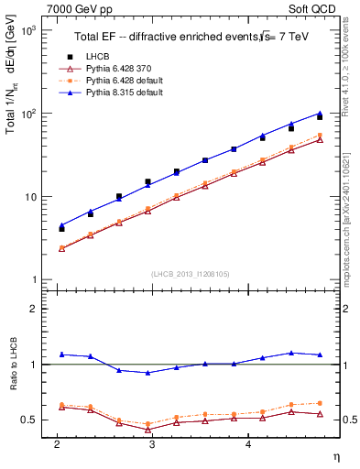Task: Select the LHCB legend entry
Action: pos(96,57)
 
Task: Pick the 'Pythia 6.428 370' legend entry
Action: pos(115,69)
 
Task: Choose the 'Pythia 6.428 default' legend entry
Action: pos(121,81)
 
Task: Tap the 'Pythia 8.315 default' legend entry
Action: pos(121,93)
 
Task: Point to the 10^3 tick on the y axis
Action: pos(27,31)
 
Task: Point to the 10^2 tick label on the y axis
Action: pos(27,114)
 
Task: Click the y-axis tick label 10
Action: pos(29,197)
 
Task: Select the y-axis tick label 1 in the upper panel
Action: pos(32,279)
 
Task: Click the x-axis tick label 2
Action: pos(57,443)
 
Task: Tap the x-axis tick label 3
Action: pos(152,443)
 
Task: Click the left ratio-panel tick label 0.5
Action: pos(27,420)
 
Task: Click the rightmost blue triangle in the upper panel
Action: pos(320,114)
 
